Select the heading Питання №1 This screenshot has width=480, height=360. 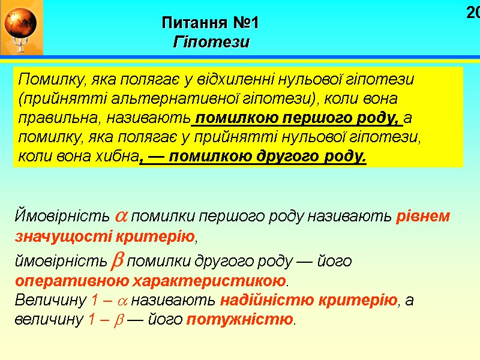coord(211,24)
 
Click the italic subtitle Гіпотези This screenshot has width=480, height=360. coord(211,43)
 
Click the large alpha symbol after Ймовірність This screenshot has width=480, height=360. coord(120,217)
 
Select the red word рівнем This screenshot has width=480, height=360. coord(424,217)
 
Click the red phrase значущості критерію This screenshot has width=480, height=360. coord(105,236)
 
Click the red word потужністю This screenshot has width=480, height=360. coord(239,319)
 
